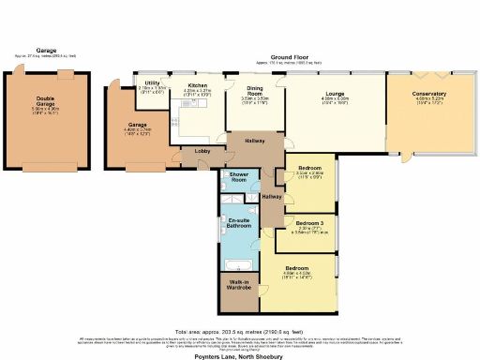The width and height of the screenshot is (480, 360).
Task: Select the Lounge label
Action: (x=335, y=94)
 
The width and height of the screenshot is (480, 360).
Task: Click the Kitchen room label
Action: (x=198, y=84)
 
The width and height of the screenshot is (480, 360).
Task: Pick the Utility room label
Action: (x=151, y=84)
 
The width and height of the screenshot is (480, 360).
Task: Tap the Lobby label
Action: (x=201, y=151)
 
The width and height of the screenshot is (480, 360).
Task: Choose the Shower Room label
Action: (x=232, y=179)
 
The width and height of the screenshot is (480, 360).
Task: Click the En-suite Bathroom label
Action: (x=238, y=223)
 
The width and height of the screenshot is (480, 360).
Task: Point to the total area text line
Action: (x=240, y=329)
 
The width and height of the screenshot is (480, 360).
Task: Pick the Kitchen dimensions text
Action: (x=198, y=92)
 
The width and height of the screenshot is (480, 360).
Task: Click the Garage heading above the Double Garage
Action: (x=47, y=52)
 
